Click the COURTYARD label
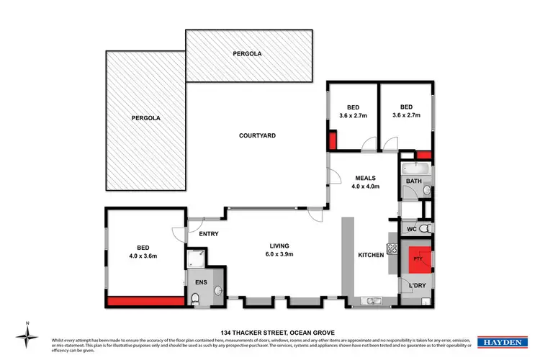pyautogui.click(x=258, y=135)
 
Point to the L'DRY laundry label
pyautogui.click(x=418, y=287)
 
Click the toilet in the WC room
pyautogui.click(x=426, y=228)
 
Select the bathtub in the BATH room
pyautogui.click(x=414, y=170)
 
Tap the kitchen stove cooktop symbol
pyautogui.click(x=393, y=249)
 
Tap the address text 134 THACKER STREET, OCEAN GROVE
pyautogui.click(x=269, y=332)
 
